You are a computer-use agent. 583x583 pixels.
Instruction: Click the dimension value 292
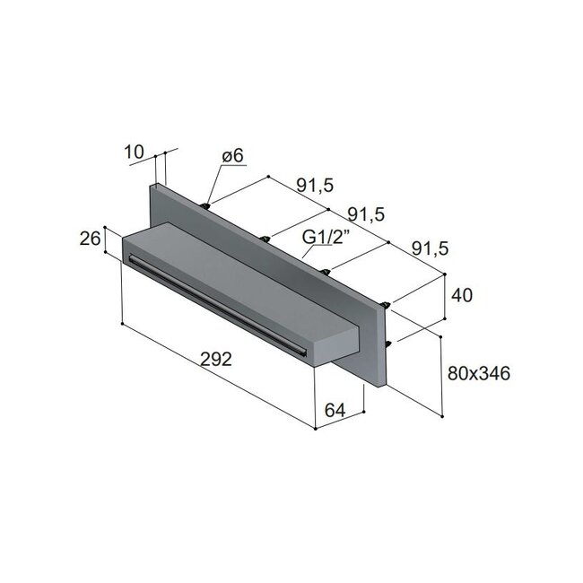pos(216,359)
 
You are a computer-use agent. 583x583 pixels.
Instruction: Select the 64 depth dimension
pos(335,410)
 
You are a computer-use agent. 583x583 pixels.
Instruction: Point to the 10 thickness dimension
pos(135,152)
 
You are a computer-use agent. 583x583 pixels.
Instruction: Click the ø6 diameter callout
pos(233,156)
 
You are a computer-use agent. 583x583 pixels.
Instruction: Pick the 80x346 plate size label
pos(478,373)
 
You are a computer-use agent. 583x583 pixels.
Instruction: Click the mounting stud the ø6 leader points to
pos(208,206)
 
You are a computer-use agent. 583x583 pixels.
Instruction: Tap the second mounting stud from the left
pos(266,238)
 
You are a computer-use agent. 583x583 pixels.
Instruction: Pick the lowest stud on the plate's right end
pos(387,344)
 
